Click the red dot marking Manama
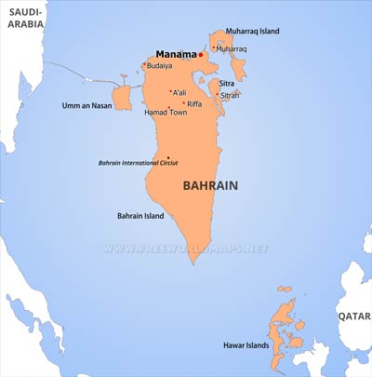coord(201,54)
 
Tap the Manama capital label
coord(177,54)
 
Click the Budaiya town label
coord(160,66)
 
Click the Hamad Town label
coord(166,113)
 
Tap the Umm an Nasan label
coord(87,106)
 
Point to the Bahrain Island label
coord(140,216)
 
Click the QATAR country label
coord(352,316)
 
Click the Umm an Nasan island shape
coord(123,97)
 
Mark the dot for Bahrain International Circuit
coord(167,157)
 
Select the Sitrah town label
coord(230,96)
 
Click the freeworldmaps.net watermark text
coord(186,249)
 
